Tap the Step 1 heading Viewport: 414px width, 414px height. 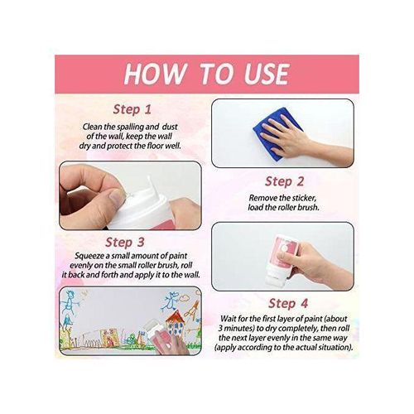tap(132, 108)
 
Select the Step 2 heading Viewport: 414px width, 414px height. tap(285, 181)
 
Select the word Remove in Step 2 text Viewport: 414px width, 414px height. tap(266, 199)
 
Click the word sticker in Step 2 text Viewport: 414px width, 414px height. tap(316, 199)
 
